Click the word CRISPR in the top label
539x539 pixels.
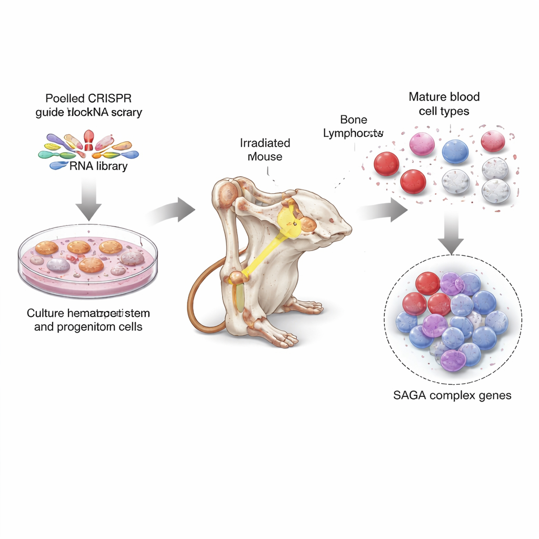(112, 98)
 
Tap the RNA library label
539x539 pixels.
(98, 166)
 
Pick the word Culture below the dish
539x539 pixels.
(46, 314)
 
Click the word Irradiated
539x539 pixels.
(265, 143)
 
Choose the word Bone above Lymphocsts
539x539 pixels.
(354, 120)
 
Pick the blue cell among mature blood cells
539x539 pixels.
(455, 151)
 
